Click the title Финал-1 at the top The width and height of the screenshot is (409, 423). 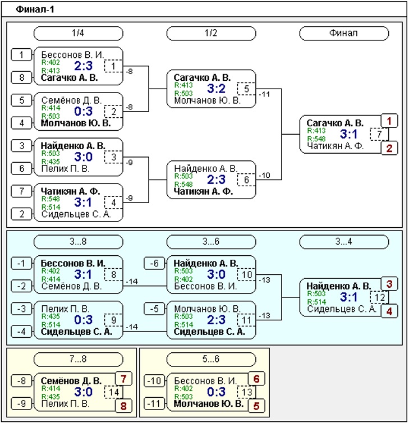tap(35, 10)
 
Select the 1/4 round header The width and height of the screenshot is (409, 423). tap(78, 33)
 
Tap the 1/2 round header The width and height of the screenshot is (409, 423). tap(211, 33)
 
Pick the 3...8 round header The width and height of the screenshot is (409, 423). tap(78, 241)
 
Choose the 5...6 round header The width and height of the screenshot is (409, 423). tap(211, 359)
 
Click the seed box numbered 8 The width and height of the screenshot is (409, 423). tap(21, 77)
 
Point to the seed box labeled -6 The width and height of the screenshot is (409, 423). tap(154, 263)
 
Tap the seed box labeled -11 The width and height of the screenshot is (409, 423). tap(154, 404)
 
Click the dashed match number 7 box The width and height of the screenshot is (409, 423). tap(379, 134)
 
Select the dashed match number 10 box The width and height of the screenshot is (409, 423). tap(246, 275)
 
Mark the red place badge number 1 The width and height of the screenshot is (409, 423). tap(389, 121)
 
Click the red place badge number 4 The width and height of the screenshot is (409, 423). tap(389, 311)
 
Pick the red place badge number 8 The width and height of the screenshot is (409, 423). tap(123, 406)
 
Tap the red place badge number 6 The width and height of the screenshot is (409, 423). tap(256, 379)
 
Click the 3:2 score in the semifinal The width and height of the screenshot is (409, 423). tap(216, 89)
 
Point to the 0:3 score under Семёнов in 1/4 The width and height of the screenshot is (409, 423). tap(84, 111)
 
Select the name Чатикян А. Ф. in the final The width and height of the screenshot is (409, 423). tap(336, 146)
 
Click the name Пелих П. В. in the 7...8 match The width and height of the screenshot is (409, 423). tap(65, 404)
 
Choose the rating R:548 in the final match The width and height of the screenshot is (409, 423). tap(316, 139)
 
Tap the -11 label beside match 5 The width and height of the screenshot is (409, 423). tap(264, 94)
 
